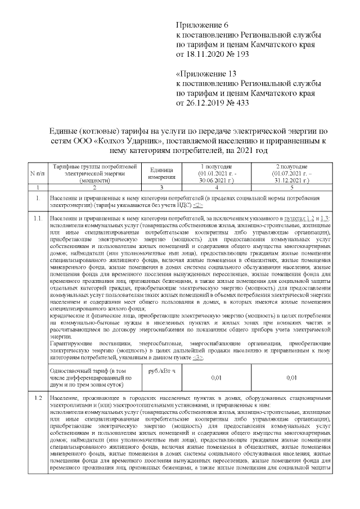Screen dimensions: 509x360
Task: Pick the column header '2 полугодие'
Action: tap(291, 166)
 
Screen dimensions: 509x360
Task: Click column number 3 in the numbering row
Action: tap(160, 186)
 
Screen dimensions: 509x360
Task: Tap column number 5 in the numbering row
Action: tap(291, 186)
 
